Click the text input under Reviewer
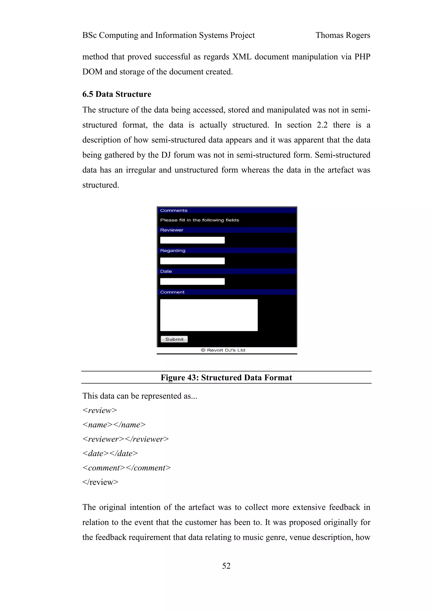(192, 240)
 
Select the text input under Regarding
(192, 261)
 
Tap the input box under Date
(192, 281)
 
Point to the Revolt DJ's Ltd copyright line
(223, 350)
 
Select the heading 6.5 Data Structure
(117, 94)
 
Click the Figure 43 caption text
(226, 378)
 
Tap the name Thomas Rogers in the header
(343, 35)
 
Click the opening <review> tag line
(100, 410)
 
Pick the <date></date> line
(110, 454)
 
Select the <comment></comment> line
(126, 468)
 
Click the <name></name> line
(114, 425)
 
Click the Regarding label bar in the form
(173, 250)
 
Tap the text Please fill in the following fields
(199, 220)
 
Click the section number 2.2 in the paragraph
(322, 125)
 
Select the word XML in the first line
(242, 57)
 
